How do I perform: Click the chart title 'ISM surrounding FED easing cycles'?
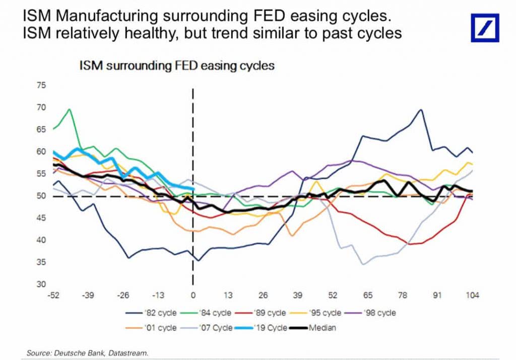(176, 65)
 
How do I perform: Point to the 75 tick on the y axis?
(40, 86)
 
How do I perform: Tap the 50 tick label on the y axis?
(40, 196)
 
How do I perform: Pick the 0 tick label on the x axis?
(193, 295)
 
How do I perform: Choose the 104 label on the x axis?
(472, 295)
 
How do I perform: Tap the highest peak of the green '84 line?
(69, 109)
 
